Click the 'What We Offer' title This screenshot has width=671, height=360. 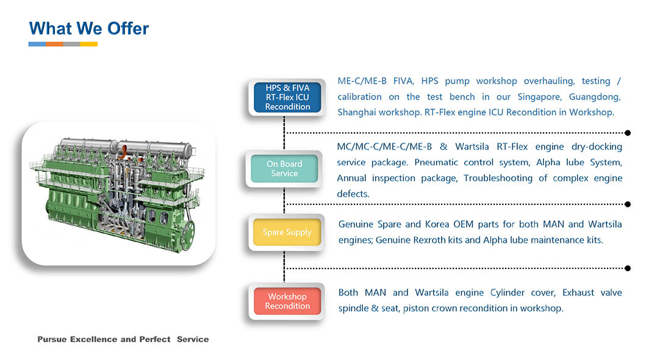89,28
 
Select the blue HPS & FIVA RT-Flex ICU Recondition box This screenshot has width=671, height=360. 287,98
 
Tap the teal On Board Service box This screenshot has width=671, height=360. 284,168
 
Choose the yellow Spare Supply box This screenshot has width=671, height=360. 287,232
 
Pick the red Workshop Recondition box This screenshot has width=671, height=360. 287,301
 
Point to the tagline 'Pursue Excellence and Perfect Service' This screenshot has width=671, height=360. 123,339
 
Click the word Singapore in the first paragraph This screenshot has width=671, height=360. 540,96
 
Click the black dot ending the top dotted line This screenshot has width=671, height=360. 628,132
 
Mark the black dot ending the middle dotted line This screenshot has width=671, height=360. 628,204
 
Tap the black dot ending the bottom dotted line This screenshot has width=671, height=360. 628,268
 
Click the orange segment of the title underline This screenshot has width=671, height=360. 54,44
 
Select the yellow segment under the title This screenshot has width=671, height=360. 89,44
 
